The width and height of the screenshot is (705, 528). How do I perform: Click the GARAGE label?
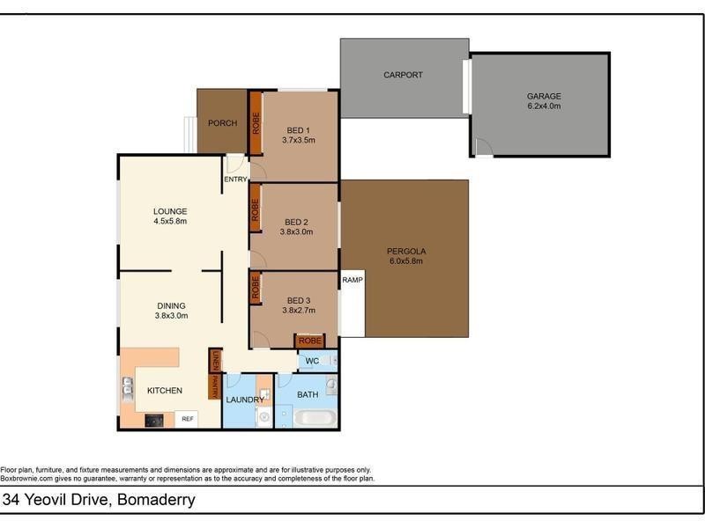click(544, 96)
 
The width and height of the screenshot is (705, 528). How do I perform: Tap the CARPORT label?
click(403, 75)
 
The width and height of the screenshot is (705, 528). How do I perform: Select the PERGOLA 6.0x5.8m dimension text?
click(404, 261)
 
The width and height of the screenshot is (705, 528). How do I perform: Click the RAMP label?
click(352, 280)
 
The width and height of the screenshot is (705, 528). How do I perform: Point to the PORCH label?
click(221, 123)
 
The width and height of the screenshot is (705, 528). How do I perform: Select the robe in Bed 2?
click(256, 208)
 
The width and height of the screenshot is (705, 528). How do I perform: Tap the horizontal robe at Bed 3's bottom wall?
click(309, 341)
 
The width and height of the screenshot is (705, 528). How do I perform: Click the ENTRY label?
click(235, 180)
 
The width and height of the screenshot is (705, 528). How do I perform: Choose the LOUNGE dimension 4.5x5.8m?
click(170, 223)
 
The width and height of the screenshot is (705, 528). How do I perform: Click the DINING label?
click(170, 305)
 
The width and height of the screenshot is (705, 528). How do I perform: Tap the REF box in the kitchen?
click(187, 419)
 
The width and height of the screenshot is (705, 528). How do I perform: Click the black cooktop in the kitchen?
click(153, 420)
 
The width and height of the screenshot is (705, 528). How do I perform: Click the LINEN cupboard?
click(214, 361)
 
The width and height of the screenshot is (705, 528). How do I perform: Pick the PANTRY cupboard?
click(214, 387)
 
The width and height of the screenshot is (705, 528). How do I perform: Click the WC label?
click(312, 362)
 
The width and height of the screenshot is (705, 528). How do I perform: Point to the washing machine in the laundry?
click(263, 417)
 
